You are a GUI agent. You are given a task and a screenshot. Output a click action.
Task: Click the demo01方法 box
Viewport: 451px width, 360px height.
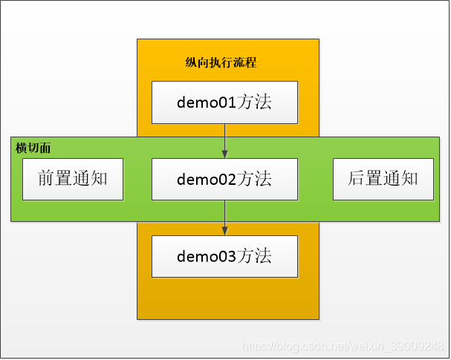tap(224, 102)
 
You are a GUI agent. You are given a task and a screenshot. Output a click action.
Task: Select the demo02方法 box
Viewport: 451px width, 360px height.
tap(224, 179)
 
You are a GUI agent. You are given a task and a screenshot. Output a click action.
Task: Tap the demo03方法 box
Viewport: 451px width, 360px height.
tap(224, 256)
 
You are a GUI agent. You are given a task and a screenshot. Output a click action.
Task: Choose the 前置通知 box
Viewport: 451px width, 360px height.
tap(72, 179)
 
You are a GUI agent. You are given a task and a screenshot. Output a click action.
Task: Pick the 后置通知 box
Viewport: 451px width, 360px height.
tap(383, 179)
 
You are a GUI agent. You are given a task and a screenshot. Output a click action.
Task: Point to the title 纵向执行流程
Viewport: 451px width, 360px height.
tap(221, 63)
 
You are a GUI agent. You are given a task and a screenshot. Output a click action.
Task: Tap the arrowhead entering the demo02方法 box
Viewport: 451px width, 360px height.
tap(224, 154)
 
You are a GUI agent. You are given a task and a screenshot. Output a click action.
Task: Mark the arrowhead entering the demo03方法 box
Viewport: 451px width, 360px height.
tap(224, 232)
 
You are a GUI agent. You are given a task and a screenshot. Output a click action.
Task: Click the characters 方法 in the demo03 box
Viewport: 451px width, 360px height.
tap(255, 256)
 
